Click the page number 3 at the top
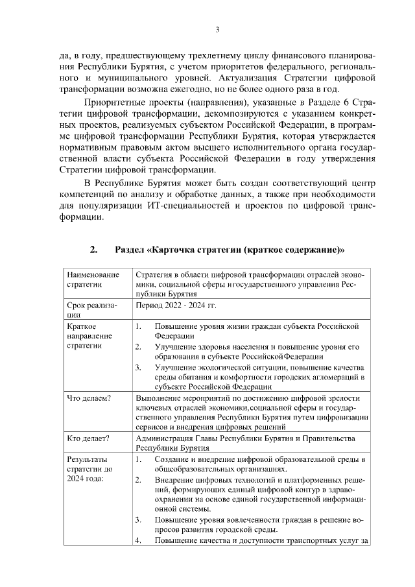218,29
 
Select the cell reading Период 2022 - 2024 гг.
175,304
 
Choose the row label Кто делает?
88,438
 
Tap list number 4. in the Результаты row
138,540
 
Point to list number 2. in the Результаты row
138,479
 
